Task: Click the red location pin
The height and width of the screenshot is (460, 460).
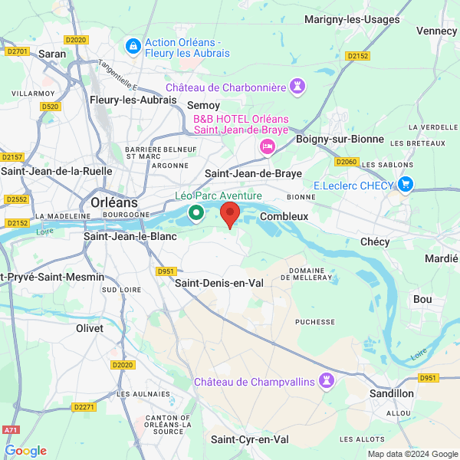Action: point(230,214)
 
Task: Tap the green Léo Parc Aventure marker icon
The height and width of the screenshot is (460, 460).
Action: point(196,212)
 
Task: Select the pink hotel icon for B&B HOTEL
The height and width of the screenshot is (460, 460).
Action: point(268,146)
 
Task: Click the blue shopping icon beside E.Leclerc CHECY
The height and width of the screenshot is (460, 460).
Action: point(406,185)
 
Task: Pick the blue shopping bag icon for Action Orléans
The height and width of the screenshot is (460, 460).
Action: point(133,47)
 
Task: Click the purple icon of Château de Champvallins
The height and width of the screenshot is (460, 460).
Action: point(327,381)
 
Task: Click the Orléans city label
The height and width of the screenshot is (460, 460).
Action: point(114,202)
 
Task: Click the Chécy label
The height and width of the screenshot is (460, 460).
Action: point(375,242)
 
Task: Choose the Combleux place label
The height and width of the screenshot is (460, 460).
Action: point(284,216)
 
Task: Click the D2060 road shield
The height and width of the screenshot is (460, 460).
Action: point(347,162)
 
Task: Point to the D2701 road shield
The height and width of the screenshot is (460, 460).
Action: point(16,51)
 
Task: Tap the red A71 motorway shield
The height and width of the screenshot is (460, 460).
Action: point(9,432)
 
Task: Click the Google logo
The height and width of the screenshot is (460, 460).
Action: point(25,451)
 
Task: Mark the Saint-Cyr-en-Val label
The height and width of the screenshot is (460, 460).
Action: point(250,439)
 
